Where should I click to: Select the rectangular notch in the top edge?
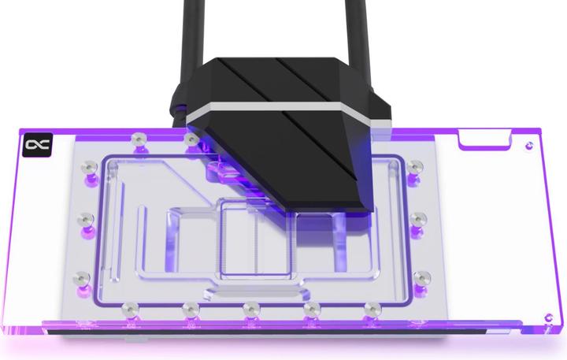coord(481,141)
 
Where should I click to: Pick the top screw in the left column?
coord(89,167)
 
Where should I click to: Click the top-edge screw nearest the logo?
coord(139,139)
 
